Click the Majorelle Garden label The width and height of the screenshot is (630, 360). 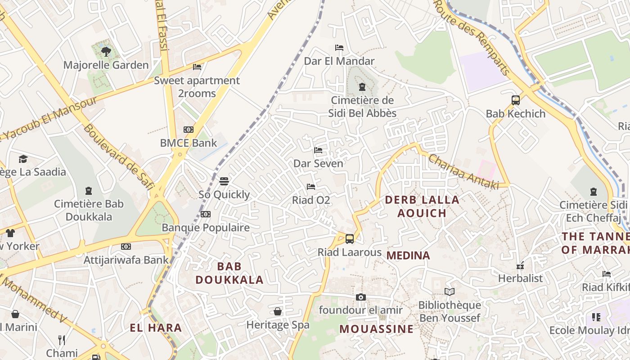106,65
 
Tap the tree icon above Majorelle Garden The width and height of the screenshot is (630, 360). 106,52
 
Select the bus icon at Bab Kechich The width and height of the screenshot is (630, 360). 516,100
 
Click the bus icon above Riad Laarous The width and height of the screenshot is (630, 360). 350,239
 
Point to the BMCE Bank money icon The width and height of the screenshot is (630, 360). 189,130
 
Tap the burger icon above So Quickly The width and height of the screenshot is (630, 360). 224,181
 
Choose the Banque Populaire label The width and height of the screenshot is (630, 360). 206,228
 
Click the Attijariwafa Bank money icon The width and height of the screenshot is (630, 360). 126,247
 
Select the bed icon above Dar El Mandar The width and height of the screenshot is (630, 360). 339,48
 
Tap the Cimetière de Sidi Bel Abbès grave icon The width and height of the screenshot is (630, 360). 362,87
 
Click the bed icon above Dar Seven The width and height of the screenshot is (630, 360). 318,150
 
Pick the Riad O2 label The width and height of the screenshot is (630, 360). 311,200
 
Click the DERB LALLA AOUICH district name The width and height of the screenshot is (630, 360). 422,206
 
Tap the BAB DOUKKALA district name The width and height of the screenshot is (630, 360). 229,273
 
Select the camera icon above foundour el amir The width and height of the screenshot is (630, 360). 360,297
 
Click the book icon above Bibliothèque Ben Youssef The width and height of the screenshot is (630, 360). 450,292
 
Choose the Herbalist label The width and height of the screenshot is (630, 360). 520,279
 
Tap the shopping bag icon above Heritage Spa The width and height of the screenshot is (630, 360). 278,311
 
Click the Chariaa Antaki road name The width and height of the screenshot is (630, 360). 463,172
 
